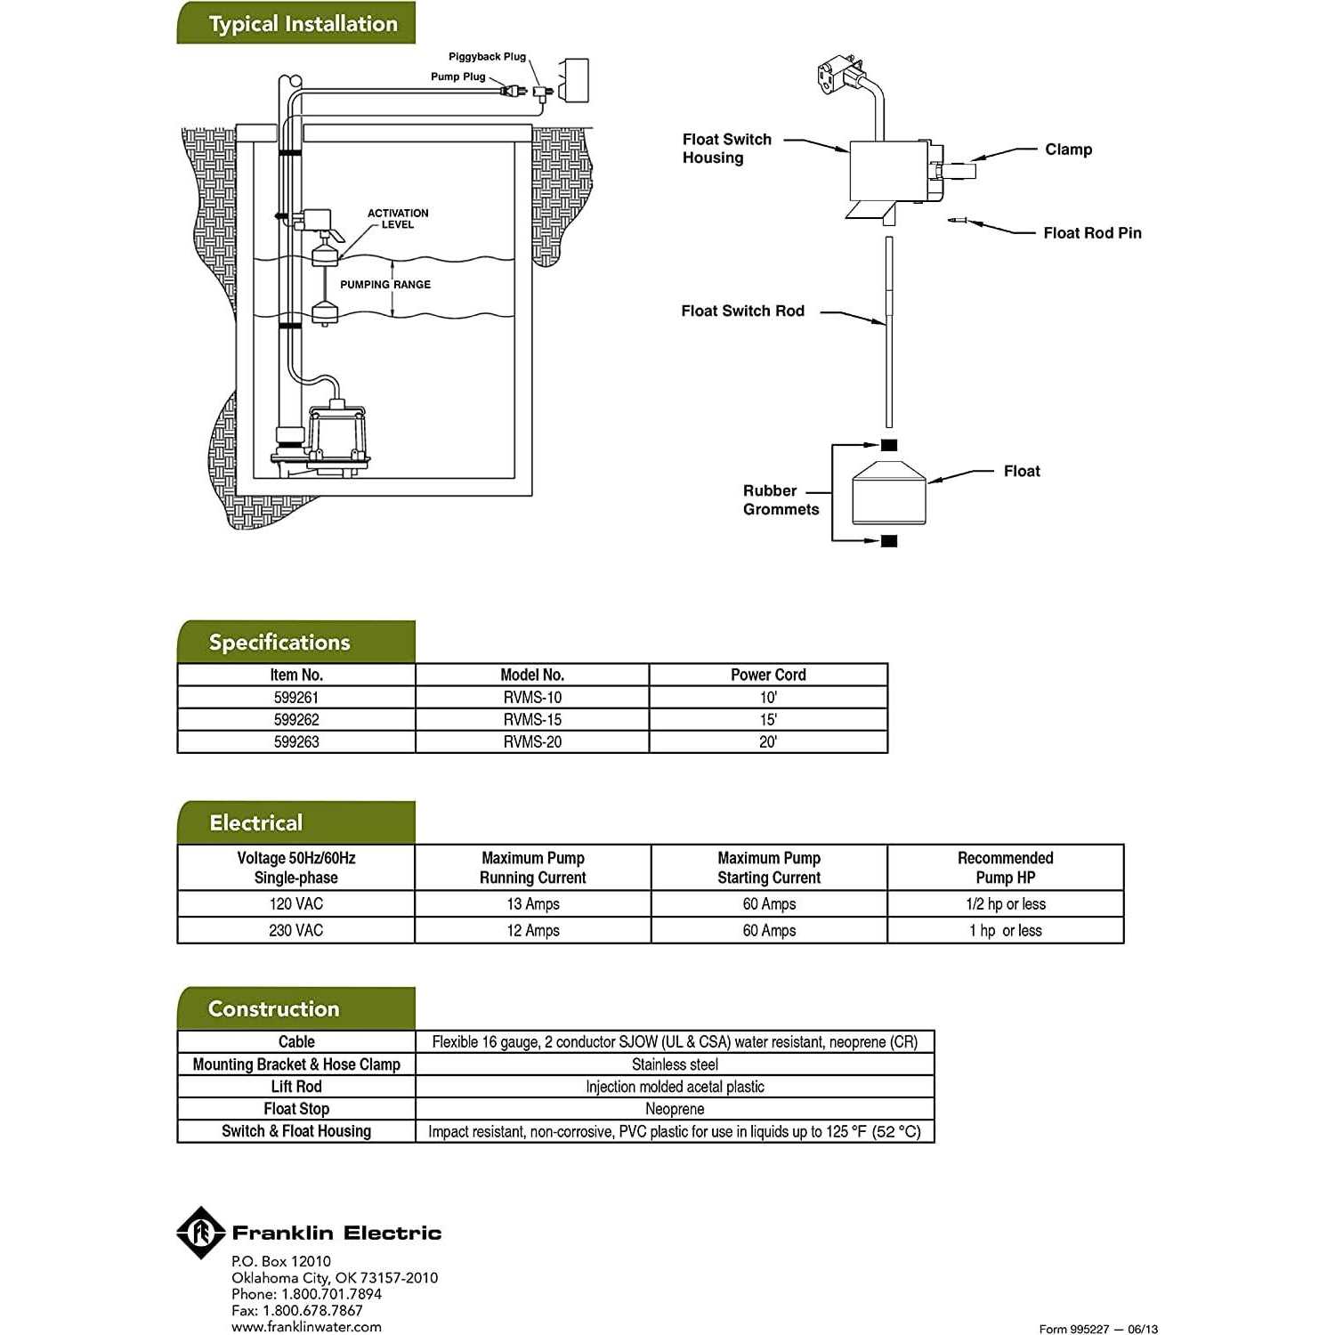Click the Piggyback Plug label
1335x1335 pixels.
(487, 57)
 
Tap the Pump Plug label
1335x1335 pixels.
(457, 77)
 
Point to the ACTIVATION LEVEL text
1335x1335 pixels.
(398, 219)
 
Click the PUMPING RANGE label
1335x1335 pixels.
(384, 285)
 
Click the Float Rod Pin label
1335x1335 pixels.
(1092, 233)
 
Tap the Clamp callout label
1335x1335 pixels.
(1068, 150)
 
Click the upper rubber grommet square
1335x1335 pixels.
(889, 445)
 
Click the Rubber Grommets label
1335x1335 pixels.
(781, 500)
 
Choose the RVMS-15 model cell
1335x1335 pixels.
(532, 720)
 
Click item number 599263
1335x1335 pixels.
(296, 742)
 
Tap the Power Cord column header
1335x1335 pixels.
(768, 675)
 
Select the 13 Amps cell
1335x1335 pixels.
(532, 904)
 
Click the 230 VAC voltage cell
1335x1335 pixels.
(296, 931)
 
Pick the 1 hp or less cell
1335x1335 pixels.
(1005, 931)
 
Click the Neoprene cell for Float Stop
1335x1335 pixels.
(675, 1109)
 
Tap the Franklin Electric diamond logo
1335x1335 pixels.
(200, 1233)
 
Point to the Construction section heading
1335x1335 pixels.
(274, 1009)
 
